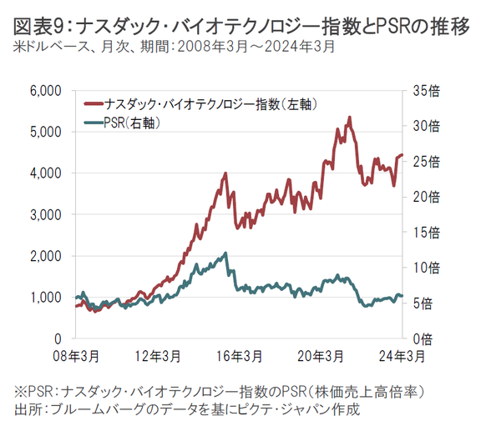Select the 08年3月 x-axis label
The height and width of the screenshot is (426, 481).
click(x=75, y=356)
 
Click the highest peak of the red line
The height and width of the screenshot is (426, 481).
click(x=350, y=118)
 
